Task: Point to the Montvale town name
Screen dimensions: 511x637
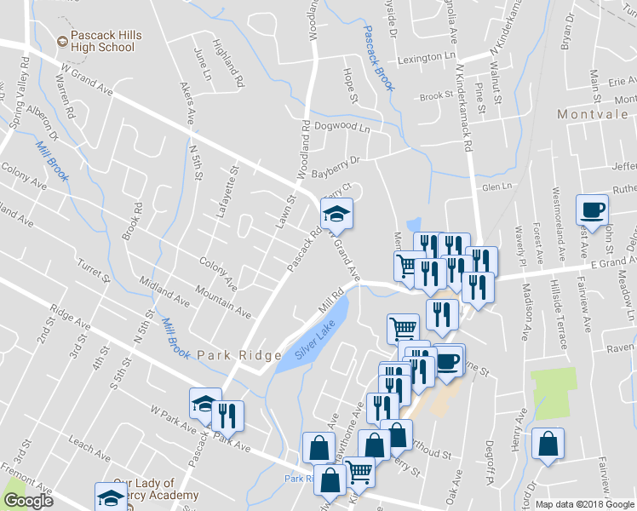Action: (592, 113)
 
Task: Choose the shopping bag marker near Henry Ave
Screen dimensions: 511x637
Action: (548, 444)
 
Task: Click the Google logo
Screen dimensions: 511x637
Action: (29, 501)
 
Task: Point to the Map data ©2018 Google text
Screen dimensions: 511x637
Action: (584, 504)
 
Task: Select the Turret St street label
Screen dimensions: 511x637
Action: (94, 273)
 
